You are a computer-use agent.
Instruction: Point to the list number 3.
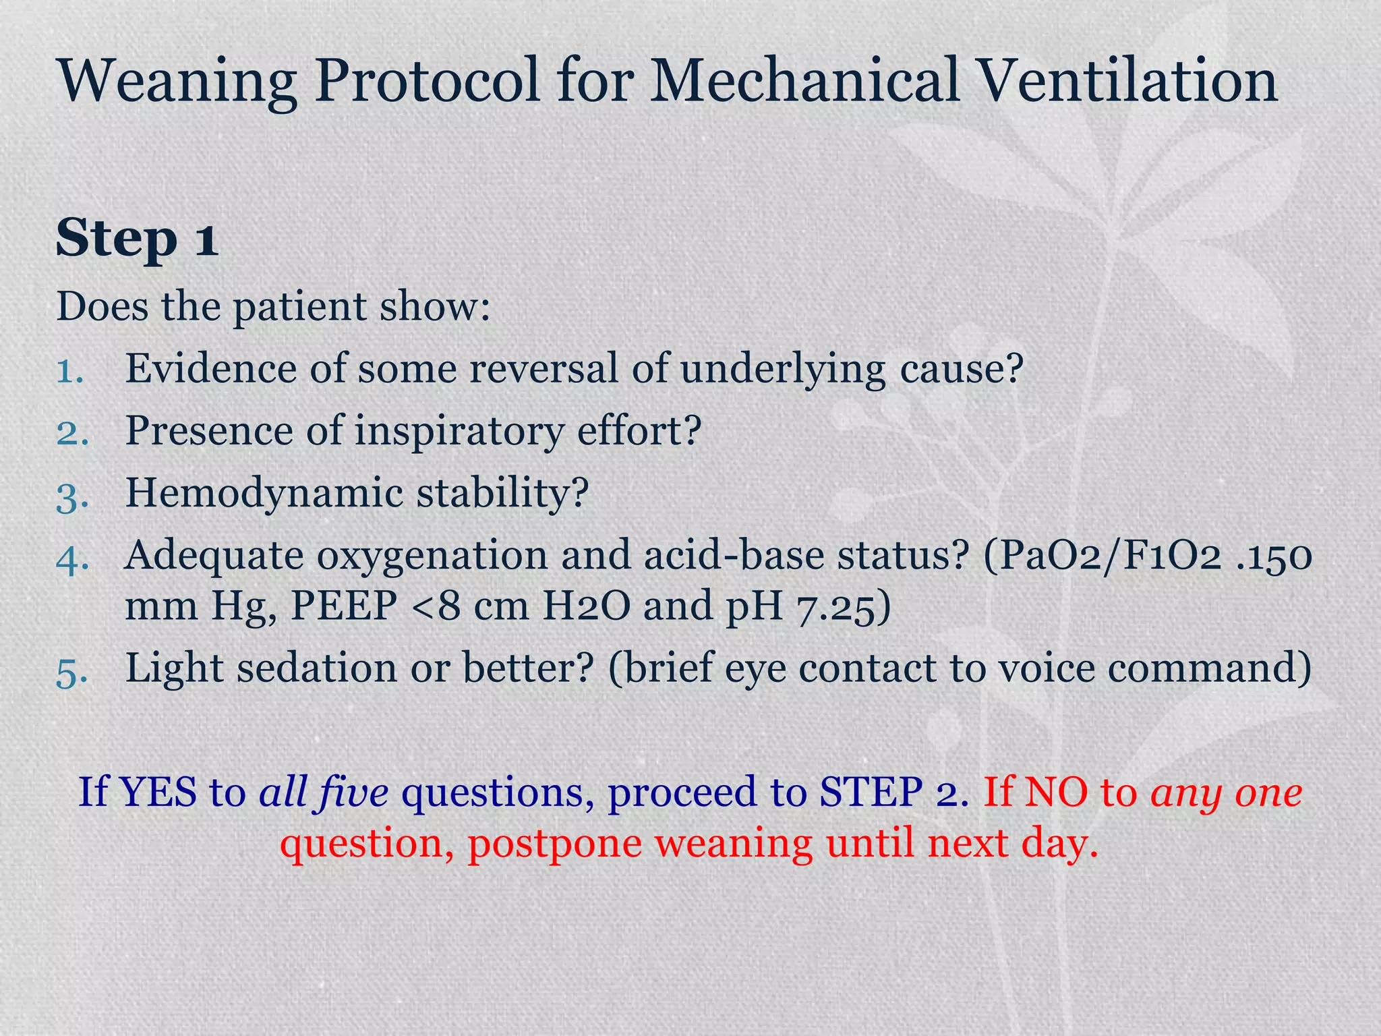pyautogui.click(x=71, y=494)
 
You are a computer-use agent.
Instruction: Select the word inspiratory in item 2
pyautogui.click(x=459, y=432)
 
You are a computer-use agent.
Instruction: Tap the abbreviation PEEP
pyautogui.click(x=344, y=606)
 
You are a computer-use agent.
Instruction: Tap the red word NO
pyautogui.click(x=1056, y=793)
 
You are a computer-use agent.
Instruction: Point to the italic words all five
pyautogui.click(x=324, y=793)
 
